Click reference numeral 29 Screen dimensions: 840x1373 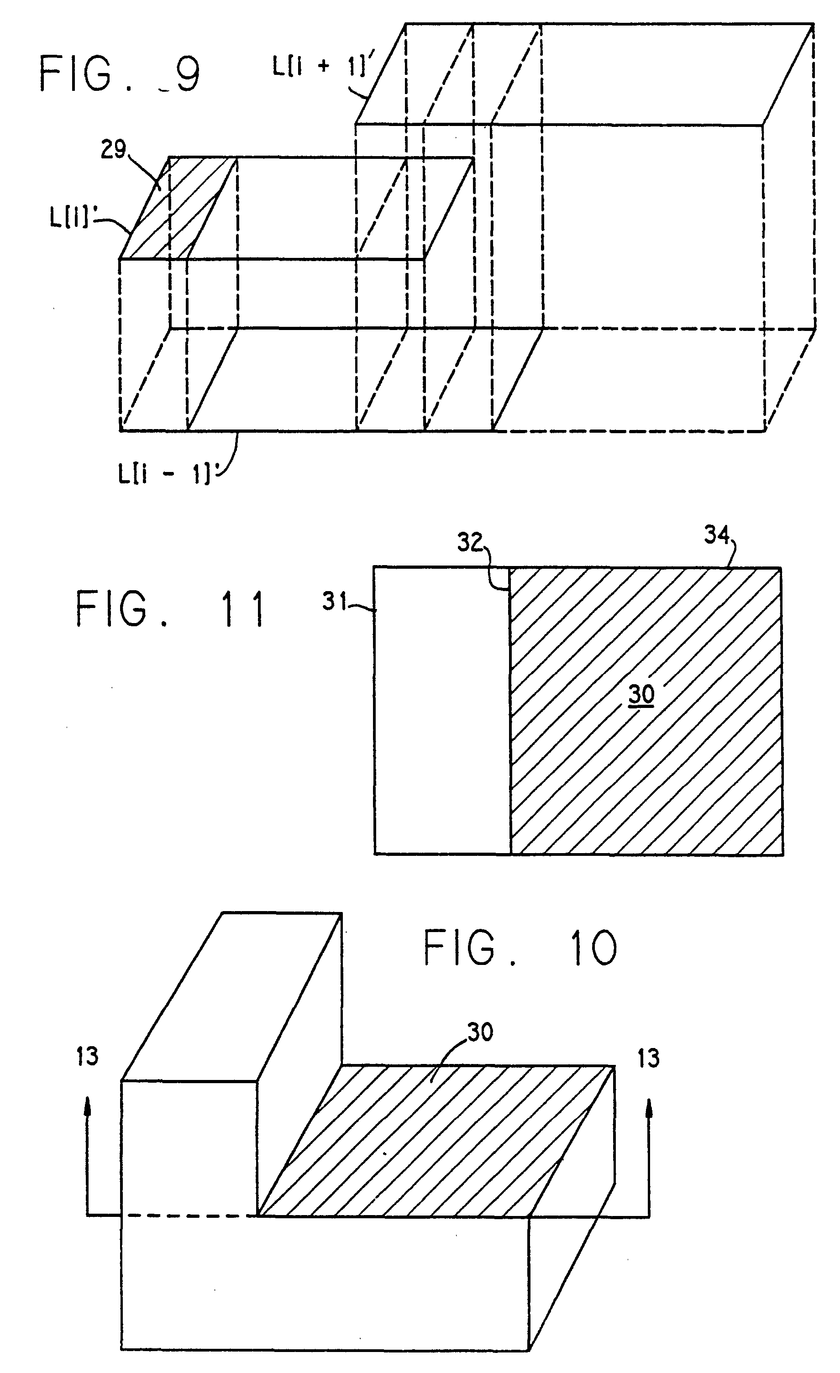(114, 149)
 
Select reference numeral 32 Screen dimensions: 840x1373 (470, 542)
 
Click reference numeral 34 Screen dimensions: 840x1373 (717, 535)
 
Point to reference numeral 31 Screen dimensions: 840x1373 (335, 602)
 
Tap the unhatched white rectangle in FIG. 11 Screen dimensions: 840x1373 (442, 710)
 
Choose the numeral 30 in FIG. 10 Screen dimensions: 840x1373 (480, 1032)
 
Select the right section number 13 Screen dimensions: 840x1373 (648, 1058)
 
